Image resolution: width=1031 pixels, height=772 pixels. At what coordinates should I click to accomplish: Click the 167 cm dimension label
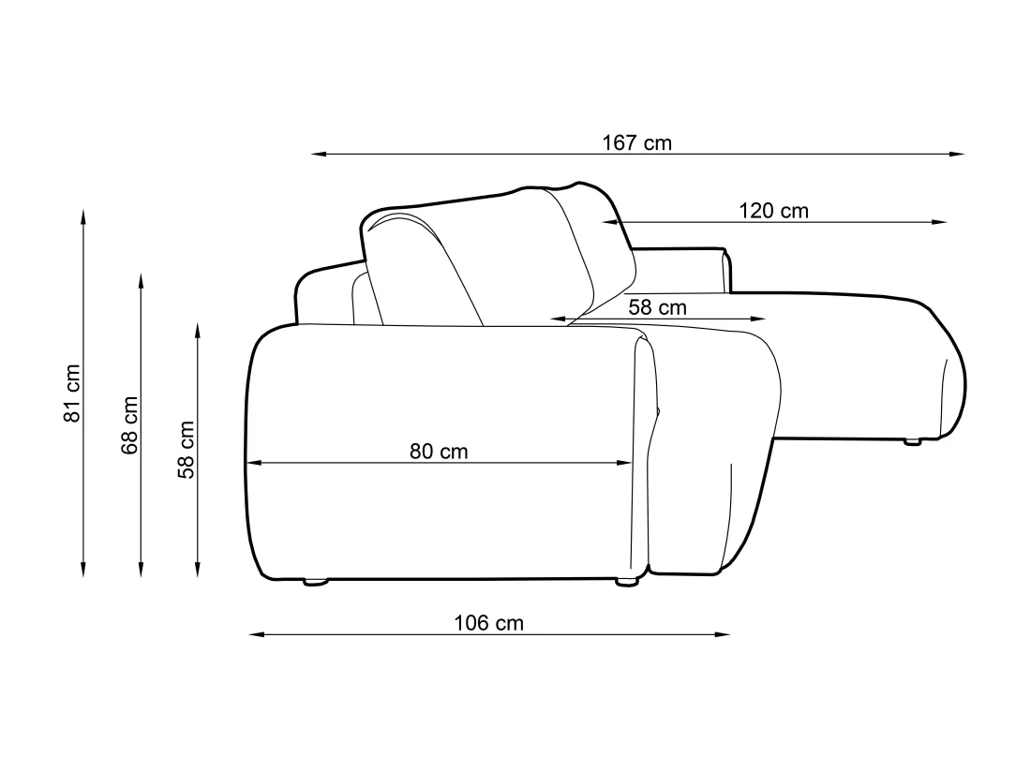click(x=637, y=142)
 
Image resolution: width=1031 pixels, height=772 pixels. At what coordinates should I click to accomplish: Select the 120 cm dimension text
click(x=773, y=211)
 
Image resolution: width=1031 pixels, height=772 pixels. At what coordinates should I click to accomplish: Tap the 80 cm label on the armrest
click(x=439, y=452)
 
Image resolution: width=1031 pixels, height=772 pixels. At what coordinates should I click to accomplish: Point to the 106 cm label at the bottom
click(x=488, y=623)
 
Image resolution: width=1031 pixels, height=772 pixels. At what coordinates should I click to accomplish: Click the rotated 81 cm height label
click(x=71, y=393)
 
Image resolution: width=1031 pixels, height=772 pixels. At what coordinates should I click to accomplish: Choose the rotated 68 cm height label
click(x=129, y=425)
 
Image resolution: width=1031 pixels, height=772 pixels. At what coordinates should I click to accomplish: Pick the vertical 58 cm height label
click(x=187, y=450)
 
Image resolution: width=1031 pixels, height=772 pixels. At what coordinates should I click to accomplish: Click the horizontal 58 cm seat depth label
click(x=658, y=307)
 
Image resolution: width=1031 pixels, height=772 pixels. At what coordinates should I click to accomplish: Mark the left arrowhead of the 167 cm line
click(x=319, y=155)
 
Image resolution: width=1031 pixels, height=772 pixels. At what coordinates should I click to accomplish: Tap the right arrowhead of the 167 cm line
click(x=957, y=155)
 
